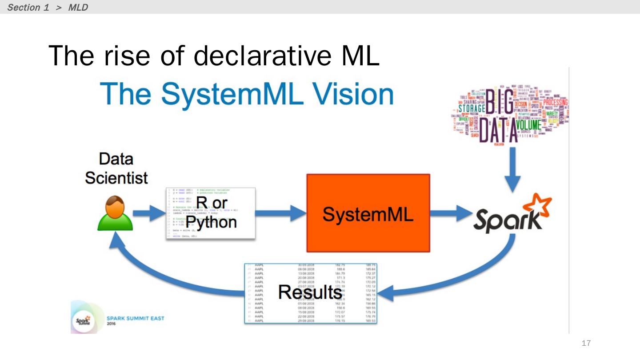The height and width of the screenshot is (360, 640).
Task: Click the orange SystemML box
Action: point(368,213)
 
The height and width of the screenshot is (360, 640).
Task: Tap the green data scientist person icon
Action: point(115,214)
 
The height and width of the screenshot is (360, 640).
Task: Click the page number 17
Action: point(586,343)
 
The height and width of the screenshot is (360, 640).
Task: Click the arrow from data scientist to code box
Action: point(148,214)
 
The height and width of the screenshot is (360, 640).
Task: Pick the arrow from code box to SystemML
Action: point(280,214)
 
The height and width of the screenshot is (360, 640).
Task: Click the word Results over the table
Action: point(310,292)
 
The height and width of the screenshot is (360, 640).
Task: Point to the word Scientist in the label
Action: point(116,178)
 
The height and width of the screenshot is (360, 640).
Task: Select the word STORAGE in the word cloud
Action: point(472,108)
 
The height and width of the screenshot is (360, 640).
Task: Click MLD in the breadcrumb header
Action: point(78,8)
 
